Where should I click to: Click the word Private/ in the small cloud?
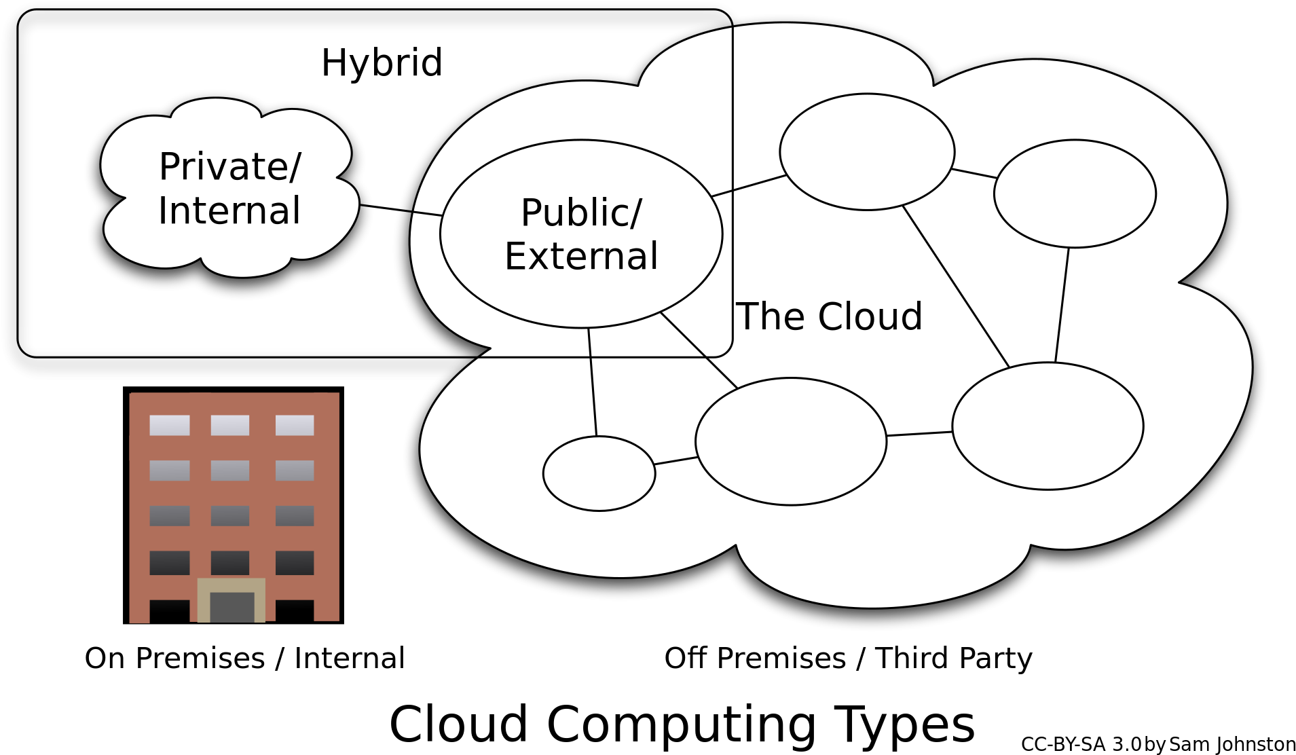(x=229, y=167)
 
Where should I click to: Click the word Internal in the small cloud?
(x=229, y=210)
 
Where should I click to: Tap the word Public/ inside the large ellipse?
(x=581, y=213)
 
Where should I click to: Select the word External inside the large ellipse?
(x=581, y=257)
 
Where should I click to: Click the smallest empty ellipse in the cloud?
(x=599, y=473)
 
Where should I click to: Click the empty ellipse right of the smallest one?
(x=791, y=441)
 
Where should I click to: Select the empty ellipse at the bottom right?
(x=1048, y=426)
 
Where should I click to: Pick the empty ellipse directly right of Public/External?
(x=867, y=152)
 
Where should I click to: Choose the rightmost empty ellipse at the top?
(x=1075, y=194)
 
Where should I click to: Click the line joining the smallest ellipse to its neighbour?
(x=676, y=461)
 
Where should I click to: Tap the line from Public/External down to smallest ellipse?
(x=593, y=382)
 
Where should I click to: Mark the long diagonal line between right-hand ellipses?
(x=956, y=286)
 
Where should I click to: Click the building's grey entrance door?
(x=232, y=606)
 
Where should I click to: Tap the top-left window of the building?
(x=170, y=425)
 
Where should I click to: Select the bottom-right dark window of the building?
(x=295, y=563)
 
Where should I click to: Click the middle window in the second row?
(x=230, y=470)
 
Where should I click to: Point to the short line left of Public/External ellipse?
(x=428, y=214)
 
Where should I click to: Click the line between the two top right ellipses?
(x=974, y=173)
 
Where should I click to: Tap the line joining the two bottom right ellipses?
(x=919, y=434)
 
